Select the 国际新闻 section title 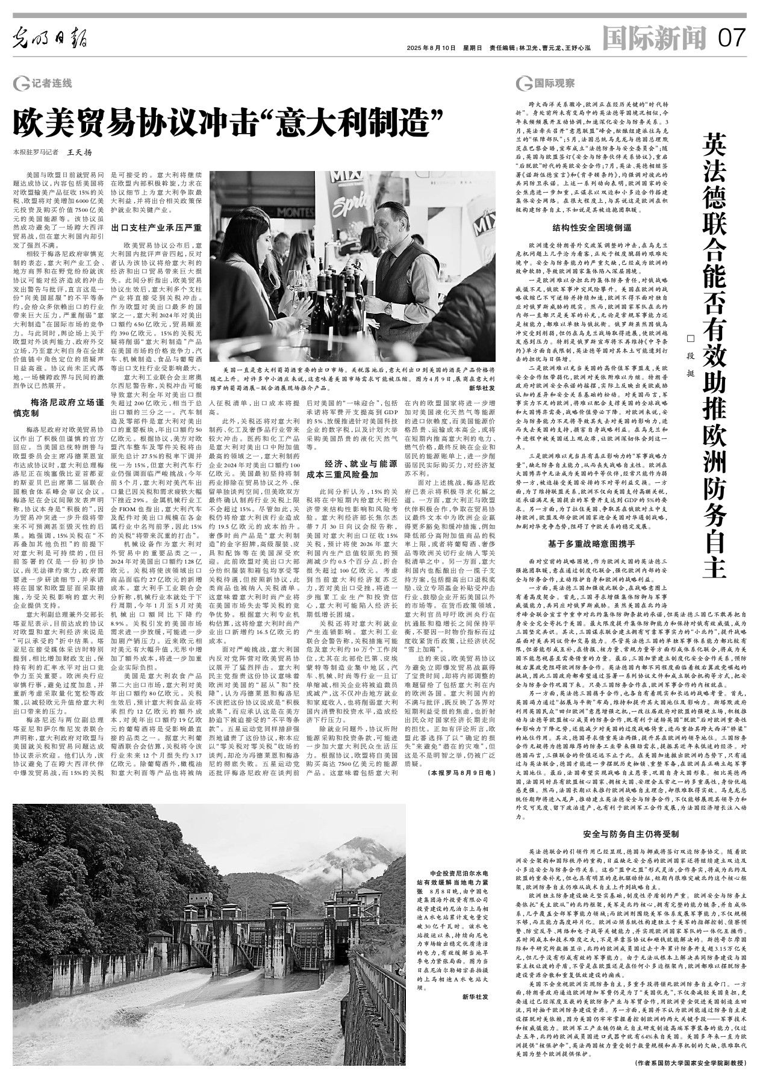coord(655,40)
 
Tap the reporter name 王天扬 coord(80,152)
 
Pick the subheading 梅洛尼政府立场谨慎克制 coord(58,408)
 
